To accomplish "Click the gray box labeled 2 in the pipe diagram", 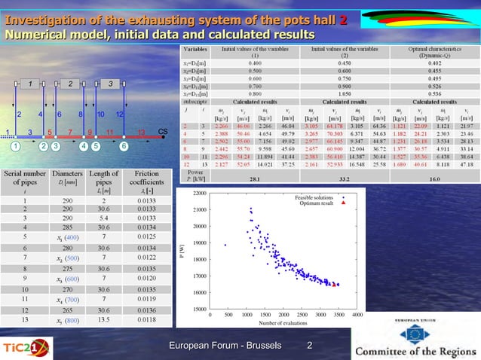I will pos(69,83).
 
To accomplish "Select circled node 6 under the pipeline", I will pos(124,146).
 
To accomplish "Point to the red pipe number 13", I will pos(140,132).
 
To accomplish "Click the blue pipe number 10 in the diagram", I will pos(100,114).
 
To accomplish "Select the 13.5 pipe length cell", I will pos(104,319).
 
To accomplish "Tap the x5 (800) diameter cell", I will pos(62,319).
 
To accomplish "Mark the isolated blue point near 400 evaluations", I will pos(225,244).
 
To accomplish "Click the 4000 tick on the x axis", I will pos(357,314).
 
